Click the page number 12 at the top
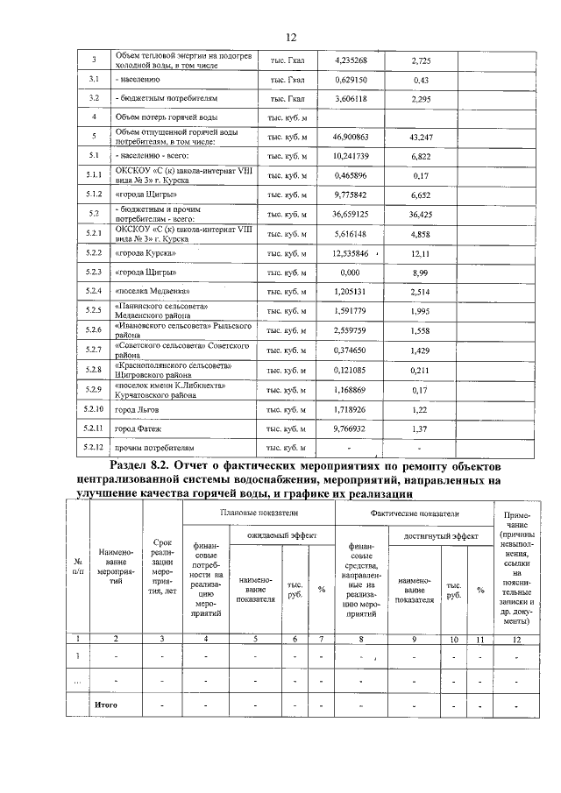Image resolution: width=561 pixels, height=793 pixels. [292, 37]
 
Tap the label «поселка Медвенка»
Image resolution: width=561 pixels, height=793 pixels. [151, 291]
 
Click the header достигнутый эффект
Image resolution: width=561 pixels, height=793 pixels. [441, 535]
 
